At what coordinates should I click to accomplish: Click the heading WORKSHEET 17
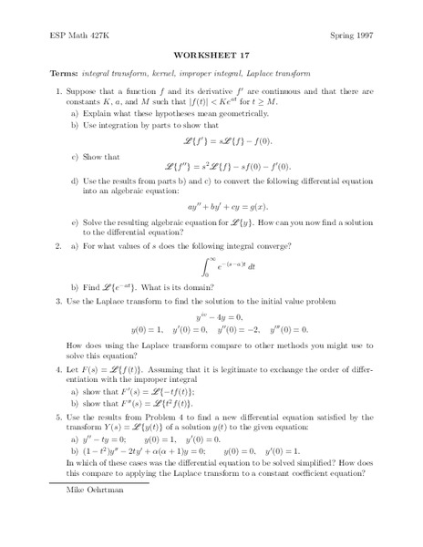(211, 54)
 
